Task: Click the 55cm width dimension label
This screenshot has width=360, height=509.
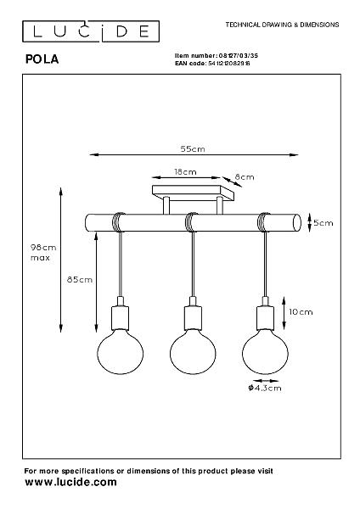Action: tap(193, 149)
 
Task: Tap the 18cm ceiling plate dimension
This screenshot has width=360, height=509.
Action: tap(185, 171)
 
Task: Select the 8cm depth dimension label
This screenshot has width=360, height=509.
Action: tap(245, 177)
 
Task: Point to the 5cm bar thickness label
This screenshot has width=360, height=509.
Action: tap(323, 223)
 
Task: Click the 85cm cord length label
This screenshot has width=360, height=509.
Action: tap(80, 279)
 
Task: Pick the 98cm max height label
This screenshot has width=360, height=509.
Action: tap(43, 253)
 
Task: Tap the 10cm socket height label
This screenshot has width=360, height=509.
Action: tap(301, 312)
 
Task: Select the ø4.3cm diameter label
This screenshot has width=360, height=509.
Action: tap(265, 388)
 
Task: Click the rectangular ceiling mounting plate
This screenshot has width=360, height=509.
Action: tap(193, 193)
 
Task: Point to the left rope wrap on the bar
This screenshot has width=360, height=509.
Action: tap(119, 222)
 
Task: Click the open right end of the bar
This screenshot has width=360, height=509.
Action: tap(296, 222)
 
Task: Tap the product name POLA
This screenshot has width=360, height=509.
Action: tap(42, 59)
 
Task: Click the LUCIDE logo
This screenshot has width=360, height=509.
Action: tap(91, 31)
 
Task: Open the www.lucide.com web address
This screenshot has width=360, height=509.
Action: tap(70, 482)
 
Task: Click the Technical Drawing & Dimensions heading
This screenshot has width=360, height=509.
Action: tap(283, 25)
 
